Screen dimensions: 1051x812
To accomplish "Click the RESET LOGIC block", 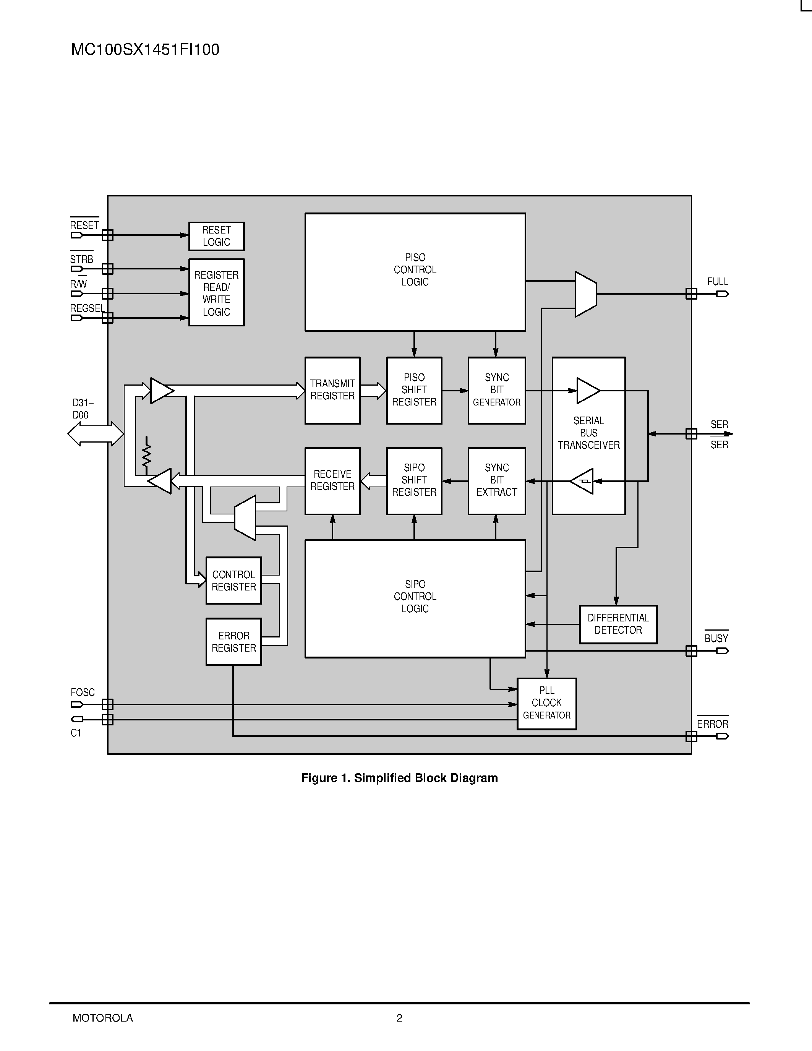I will click(216, 236).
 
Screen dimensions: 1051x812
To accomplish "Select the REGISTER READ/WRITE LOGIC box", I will click(216, 293).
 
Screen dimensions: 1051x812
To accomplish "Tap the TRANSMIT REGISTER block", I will click(332, 390).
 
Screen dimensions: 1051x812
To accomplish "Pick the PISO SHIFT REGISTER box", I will click(414, 390).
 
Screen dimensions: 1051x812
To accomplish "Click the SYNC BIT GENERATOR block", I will click(496, 390).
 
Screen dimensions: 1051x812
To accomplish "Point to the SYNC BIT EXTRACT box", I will click(496, 481).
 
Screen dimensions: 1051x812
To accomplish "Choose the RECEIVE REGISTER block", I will click(332, 481).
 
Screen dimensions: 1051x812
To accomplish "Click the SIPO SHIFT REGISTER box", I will click(414, 481).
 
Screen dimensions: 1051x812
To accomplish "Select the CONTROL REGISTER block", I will click(234, 581).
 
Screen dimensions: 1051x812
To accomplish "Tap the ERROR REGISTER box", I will click(234, 641).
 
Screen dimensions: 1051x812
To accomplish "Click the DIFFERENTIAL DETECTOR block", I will click(618, 624).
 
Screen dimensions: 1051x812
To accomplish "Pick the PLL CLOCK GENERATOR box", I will click(546, 704).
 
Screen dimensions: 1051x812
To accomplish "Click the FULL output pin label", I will click(717, 282).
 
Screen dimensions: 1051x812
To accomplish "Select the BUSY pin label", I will click(716, 639).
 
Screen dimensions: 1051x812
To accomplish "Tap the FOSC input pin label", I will click(83, 693).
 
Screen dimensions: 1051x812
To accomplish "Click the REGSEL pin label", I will click(87, 308).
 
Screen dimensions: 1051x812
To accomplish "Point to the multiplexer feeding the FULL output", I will click(585, 294).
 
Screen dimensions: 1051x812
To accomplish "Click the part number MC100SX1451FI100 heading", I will click(145, 50).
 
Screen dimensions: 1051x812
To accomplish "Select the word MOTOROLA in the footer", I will click(103, 1018).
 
